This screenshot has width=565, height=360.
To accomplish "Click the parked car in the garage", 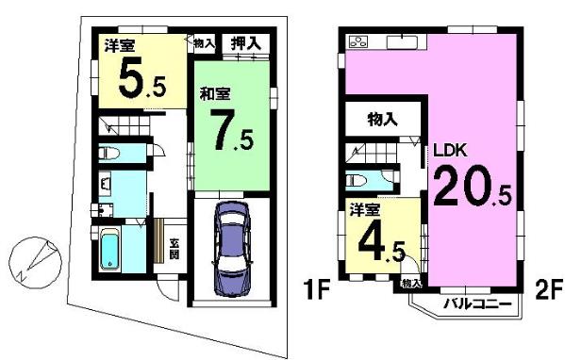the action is (x=231, y=249).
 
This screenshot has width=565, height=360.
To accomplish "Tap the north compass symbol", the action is (x=35, y=262).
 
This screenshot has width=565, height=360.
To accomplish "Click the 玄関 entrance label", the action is (x=174, y=249).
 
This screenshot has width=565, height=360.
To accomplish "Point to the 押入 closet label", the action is (x=245, y=43).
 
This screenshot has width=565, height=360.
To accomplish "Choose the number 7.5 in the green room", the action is (x=233, y=130).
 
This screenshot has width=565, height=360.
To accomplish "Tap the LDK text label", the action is (x=450, y=151).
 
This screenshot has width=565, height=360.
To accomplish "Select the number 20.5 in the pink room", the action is (x=473, y=187).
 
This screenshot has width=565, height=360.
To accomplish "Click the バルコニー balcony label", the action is (x=477, y=304).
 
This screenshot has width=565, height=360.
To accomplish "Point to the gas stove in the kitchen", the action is (x=358, y=42).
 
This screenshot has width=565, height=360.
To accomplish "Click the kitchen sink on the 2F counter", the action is (x=402, y=42).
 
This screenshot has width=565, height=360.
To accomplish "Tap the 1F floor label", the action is (x=317, y=290).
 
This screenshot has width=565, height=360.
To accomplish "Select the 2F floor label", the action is (x=549, y=290).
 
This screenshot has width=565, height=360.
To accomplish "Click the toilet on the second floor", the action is (x=357, y=180).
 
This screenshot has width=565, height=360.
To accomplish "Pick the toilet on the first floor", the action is (x=109, y=154).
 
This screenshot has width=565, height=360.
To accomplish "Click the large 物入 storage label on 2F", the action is (x=382, y=119).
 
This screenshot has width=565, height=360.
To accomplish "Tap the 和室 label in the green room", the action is (x=215, y=94).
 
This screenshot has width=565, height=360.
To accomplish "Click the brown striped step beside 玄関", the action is (x=158, y=240).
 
